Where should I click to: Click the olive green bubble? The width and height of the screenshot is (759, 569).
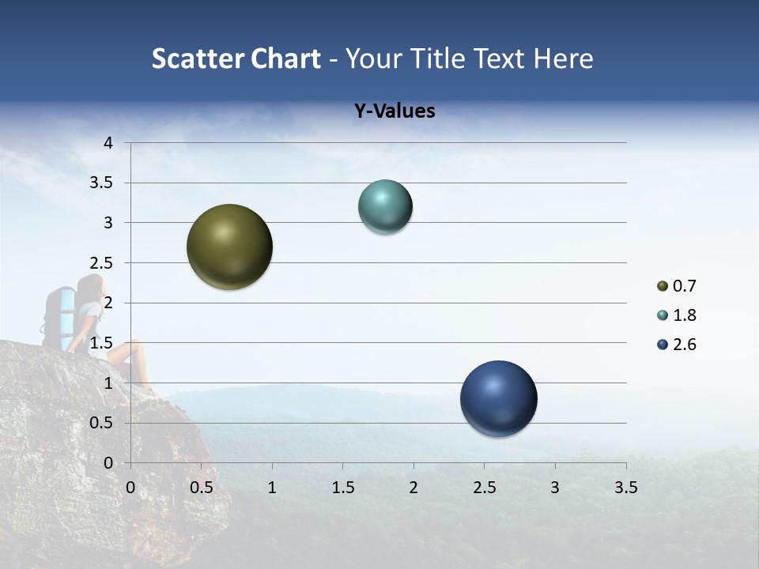pyautogui.click(x=229, y=247)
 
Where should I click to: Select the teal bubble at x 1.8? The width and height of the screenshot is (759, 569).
pyautogui.click(x=385, y=207)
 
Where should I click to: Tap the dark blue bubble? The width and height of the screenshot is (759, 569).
pyautogui.click(x=498, y=398)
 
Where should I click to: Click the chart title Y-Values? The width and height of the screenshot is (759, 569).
pyautogui.click(x=394, y=111)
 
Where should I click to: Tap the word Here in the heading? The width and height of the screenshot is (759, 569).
pyautogui.click(x=563, y=58)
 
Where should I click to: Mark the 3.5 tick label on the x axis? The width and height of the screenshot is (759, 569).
pyautogui.click(x=625, y=488)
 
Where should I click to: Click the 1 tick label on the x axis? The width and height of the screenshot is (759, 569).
pyautogui.click(x=272, y=488)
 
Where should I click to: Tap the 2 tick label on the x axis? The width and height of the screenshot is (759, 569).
pyautogui.click(x=413, y=488)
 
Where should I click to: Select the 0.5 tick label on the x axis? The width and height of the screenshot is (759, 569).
pyautogui.click(x=202, y=488)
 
